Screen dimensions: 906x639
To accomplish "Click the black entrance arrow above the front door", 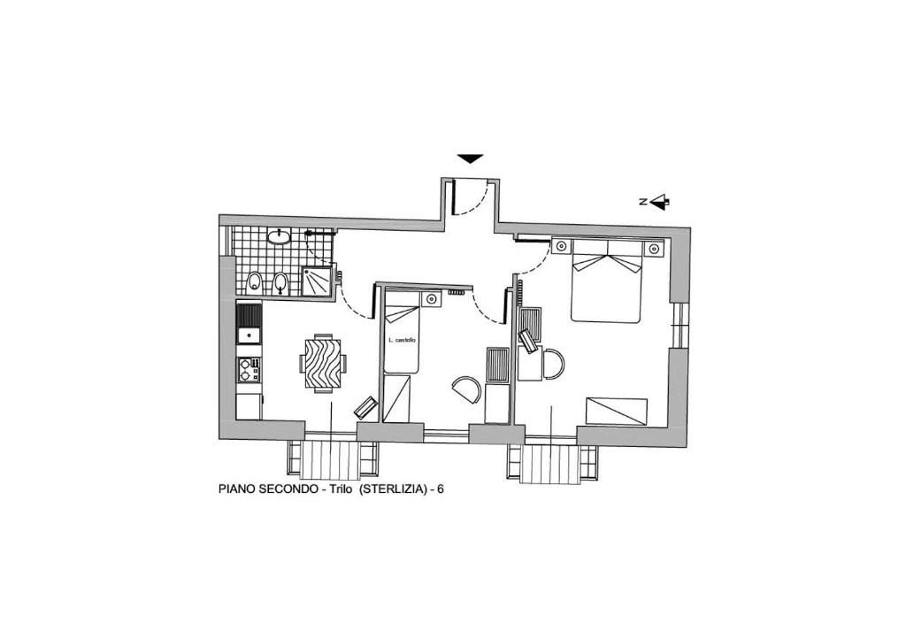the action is (470, 158).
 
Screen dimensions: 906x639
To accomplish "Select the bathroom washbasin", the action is (280, 236).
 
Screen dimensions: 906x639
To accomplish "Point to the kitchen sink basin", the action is (249, 335).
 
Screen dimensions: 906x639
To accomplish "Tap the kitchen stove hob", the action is (249, 370).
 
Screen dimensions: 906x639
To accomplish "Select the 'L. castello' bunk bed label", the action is (403, 341).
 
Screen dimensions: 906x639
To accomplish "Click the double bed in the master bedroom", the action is (606, 281).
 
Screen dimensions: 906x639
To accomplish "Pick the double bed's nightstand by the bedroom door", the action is (561, 247).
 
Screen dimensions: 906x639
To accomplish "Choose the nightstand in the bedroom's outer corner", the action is (654, 248).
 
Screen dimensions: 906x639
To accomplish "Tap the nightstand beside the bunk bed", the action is (431, 298).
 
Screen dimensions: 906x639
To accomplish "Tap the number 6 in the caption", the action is (441, 489).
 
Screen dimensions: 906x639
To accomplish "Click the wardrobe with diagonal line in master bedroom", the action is (617, 411).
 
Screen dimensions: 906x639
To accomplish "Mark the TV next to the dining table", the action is (365, 407).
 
